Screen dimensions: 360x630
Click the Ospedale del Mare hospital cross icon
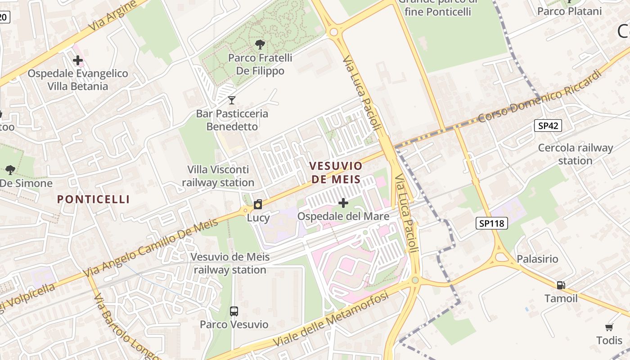(x=343, y=203)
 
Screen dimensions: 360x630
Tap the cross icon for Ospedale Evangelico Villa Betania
(x=78, y=60)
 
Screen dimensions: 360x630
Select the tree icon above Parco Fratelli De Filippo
(x=260, y=44)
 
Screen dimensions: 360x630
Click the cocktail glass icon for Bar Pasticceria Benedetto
(x=232, y=100)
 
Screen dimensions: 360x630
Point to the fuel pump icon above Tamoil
(x=561, y=285)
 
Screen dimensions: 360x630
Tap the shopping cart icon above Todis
(x=609, y=327)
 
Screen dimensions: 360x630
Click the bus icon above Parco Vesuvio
(x=234, y=311)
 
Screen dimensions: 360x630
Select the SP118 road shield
(x=492, y=223)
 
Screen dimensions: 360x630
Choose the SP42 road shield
(x=548, y=126)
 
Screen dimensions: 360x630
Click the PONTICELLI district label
(x=94, y=199)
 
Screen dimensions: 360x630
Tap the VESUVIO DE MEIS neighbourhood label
(x=336, y=172)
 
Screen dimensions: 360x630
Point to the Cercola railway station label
(x=576, y=154)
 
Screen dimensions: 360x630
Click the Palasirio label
(x=537, y=259)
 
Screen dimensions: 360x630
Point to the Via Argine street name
(x=112, y=15)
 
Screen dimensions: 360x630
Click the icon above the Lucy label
(x=258, y=204)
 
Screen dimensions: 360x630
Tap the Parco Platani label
(x=569, y=11)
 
